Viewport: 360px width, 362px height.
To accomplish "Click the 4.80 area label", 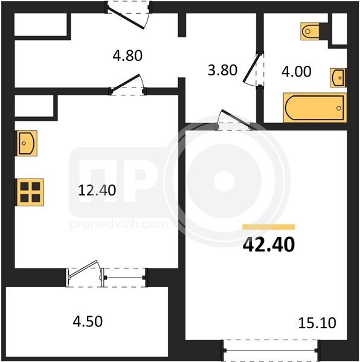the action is coord(127,56).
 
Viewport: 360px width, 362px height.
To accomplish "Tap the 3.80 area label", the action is coord(222,70).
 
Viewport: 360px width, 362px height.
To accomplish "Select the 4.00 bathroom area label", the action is coord(297,71).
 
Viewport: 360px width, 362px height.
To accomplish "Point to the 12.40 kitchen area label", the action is coord(97,191).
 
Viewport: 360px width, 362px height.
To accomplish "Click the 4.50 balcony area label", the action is coord(88,322).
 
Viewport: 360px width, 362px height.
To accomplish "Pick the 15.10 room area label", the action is coord(317,323).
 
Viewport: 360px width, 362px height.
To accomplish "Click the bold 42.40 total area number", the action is coord(269,245).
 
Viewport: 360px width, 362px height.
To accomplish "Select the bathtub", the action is coord(315,108).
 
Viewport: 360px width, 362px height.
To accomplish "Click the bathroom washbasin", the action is coord(338,78).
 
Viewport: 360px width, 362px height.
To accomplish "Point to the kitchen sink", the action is coord(27,144).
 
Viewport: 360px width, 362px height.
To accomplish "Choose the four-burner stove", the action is coord(30,192).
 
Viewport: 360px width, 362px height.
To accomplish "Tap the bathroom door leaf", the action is coord(251,68).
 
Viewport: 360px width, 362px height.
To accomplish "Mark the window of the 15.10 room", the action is coord(270,350).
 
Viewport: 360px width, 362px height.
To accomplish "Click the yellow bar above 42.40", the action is coord(269,227).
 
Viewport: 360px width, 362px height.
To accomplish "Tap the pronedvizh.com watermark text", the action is coord(119,224).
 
